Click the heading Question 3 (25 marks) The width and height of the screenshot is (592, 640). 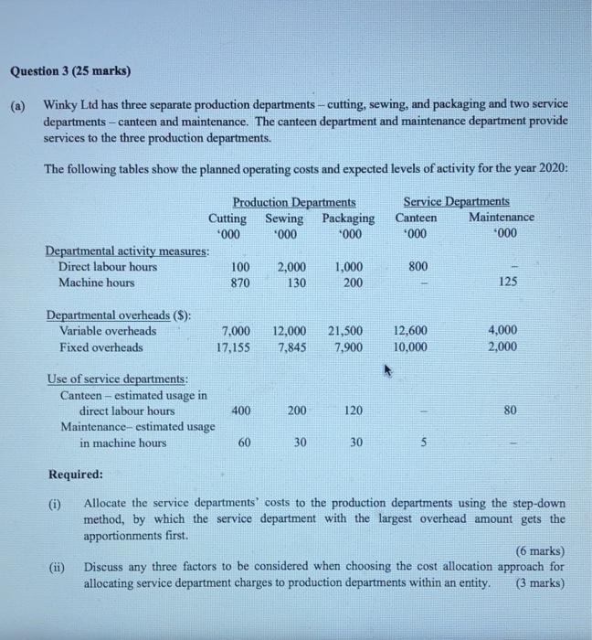coord(70,70)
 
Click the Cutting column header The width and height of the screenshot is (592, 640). coord(227,218)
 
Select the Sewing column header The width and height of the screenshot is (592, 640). coord(284,218)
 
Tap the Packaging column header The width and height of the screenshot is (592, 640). coord(348,218)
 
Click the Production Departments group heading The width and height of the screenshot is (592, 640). coord(293,201)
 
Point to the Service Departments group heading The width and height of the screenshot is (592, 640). coord(456,201)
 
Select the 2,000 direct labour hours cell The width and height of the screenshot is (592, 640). coord(291,266)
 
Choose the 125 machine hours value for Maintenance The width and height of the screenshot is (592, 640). coord(508,283)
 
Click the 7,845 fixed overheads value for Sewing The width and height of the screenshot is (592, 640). coord(291,347)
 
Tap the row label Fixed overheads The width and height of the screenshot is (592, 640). coord(100,347)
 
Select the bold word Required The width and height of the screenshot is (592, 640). coord(75,475)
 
